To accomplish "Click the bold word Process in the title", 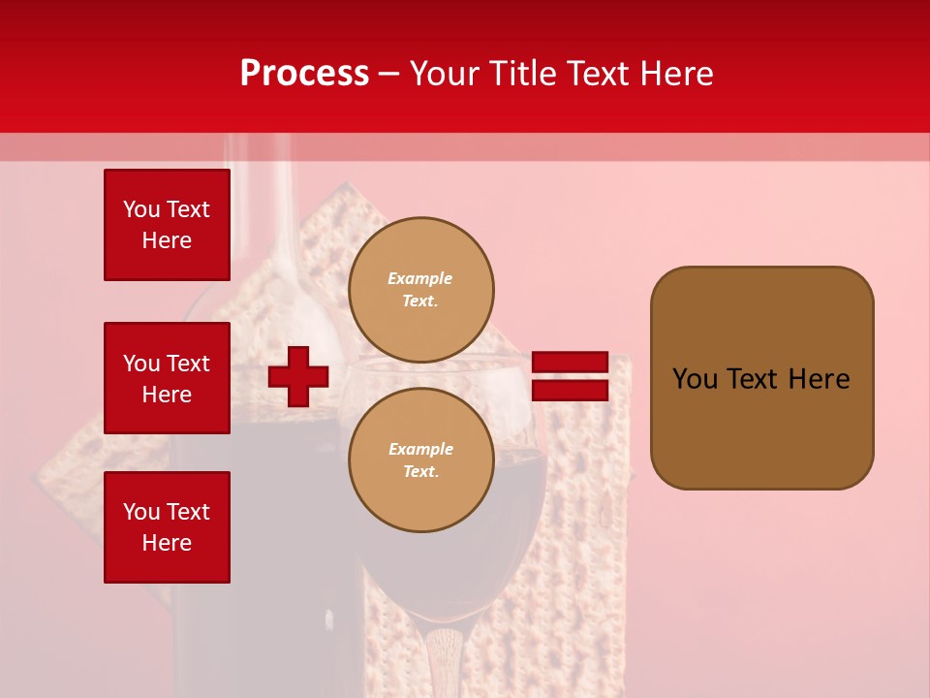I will (304, 74).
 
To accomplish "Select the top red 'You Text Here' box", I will (167, 225).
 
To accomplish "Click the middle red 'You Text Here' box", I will (167, 378).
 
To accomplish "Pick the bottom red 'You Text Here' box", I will (167, 527).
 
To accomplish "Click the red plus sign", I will (298, 376).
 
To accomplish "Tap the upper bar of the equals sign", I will (571, 363).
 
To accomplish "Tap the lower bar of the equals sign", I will (571, 391).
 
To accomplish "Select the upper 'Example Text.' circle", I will (421, 289).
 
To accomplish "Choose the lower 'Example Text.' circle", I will (421, 460).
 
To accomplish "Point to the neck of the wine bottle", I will (256, 194).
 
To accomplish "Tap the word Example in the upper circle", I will (420, 278).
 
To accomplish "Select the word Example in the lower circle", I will (420, 449).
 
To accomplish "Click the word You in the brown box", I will (694, 379).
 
